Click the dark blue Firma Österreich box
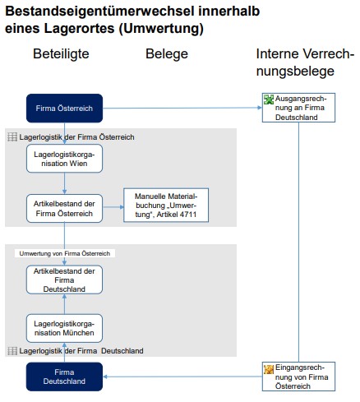64,109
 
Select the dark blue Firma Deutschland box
64,377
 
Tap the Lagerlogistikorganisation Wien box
64,159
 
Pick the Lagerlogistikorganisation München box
64,328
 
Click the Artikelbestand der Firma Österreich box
64,209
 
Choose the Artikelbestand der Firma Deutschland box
64,280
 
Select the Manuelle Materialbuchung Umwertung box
166,205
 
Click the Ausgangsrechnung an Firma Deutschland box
298,108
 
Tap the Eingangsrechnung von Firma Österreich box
298,377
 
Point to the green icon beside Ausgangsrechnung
269,99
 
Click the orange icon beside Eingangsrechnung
269,369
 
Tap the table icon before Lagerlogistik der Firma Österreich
12,136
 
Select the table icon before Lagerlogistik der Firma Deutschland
12,351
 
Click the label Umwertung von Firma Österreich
65,253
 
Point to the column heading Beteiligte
61,54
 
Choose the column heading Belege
167,54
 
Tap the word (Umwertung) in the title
161,29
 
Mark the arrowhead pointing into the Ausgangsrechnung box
260,108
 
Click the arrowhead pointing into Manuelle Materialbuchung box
122,207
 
